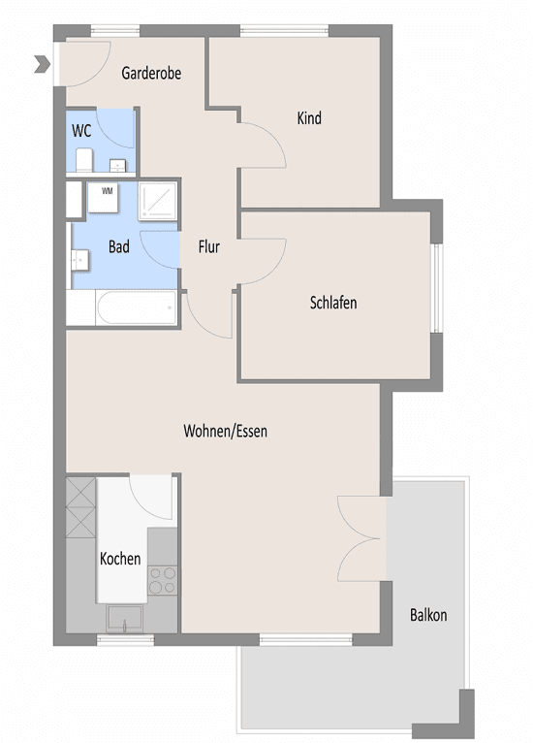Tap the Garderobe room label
(151, 73)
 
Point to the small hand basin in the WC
(116, 164)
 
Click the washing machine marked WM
(107, 196)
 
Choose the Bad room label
(118, 247)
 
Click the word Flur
(208, 247)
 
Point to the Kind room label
(309, 118)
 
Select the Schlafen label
(333, 303)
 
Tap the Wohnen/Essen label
(225, 431)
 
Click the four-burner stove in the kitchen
(162, 580)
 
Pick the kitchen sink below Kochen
(123, 617)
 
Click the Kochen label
(120, 559)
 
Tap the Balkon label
(428, 615)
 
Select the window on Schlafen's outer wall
(436, 287)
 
